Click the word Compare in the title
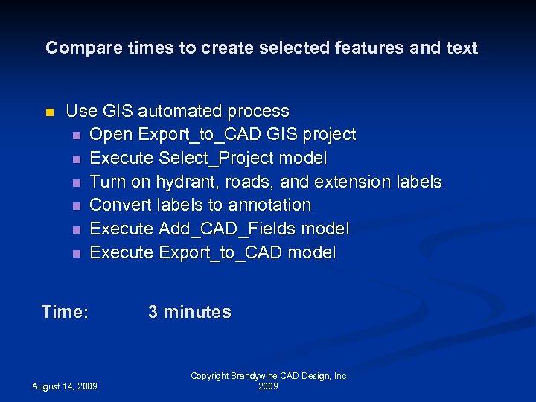click(77, 48)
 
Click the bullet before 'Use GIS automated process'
click(50, 112)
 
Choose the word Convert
click(121, 205)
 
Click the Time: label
click(66, 312)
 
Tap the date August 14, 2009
click(64, 386)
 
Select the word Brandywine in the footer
click(254, 377)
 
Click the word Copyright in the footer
click(210, 377)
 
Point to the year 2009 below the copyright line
click(268, 387)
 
